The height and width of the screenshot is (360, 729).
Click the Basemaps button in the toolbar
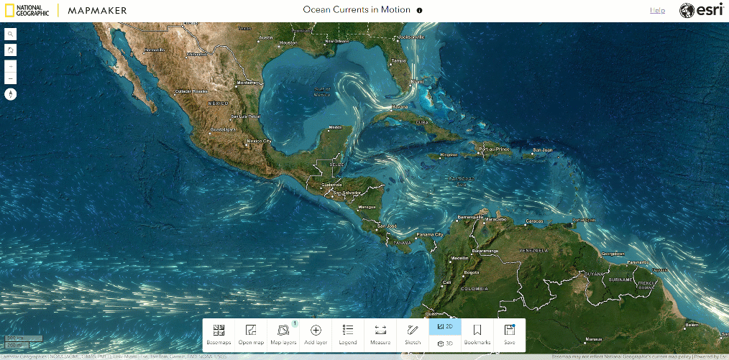(219, 333)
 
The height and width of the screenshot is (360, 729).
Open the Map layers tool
(283, 333)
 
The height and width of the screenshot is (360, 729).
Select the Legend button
(348, 333)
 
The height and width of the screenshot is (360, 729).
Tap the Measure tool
(380, 333)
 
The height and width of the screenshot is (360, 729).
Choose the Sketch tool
(413, 333)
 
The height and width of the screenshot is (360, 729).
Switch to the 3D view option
(445, 343)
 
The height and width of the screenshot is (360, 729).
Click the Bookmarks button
(477, 333)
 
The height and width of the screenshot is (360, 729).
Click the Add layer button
(316, 333)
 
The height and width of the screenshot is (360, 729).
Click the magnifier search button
(11, 34)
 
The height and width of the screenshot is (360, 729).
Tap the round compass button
(11, 93)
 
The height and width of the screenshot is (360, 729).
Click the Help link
(657, 10)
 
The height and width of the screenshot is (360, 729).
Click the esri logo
(696, 10)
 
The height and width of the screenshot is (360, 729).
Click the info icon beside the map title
(420, 11)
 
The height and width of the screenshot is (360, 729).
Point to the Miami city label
(417, 82)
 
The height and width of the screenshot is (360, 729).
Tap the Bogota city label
(471, 272)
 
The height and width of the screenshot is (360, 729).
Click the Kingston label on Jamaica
(449, 154)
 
